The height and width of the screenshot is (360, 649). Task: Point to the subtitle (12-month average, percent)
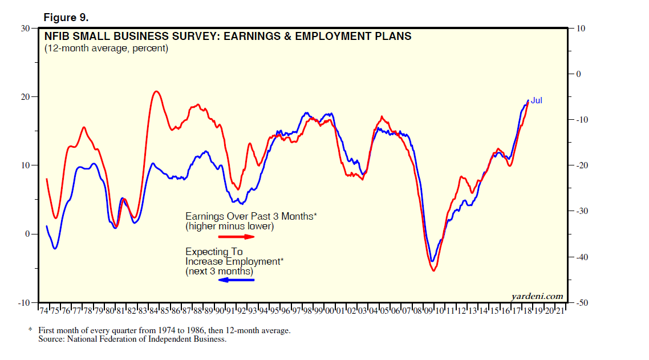coord(106,48)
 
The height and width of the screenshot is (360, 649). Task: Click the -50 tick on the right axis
coord(582,302)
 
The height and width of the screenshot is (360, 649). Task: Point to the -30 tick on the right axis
coord(582,211)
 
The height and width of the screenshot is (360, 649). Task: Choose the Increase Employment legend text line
coord(234,261)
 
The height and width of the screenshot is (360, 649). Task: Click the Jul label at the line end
coord(537,100)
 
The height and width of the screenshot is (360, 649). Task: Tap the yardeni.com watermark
coord(537,296)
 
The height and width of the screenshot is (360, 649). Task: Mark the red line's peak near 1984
coord(156,91)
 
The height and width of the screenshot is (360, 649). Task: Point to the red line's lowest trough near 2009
coord(434,270)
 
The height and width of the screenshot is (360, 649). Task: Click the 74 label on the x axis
coord(44,311)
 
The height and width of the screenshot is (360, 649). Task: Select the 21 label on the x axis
coord(560,311)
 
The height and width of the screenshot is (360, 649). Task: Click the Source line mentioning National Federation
coord(132,339)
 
